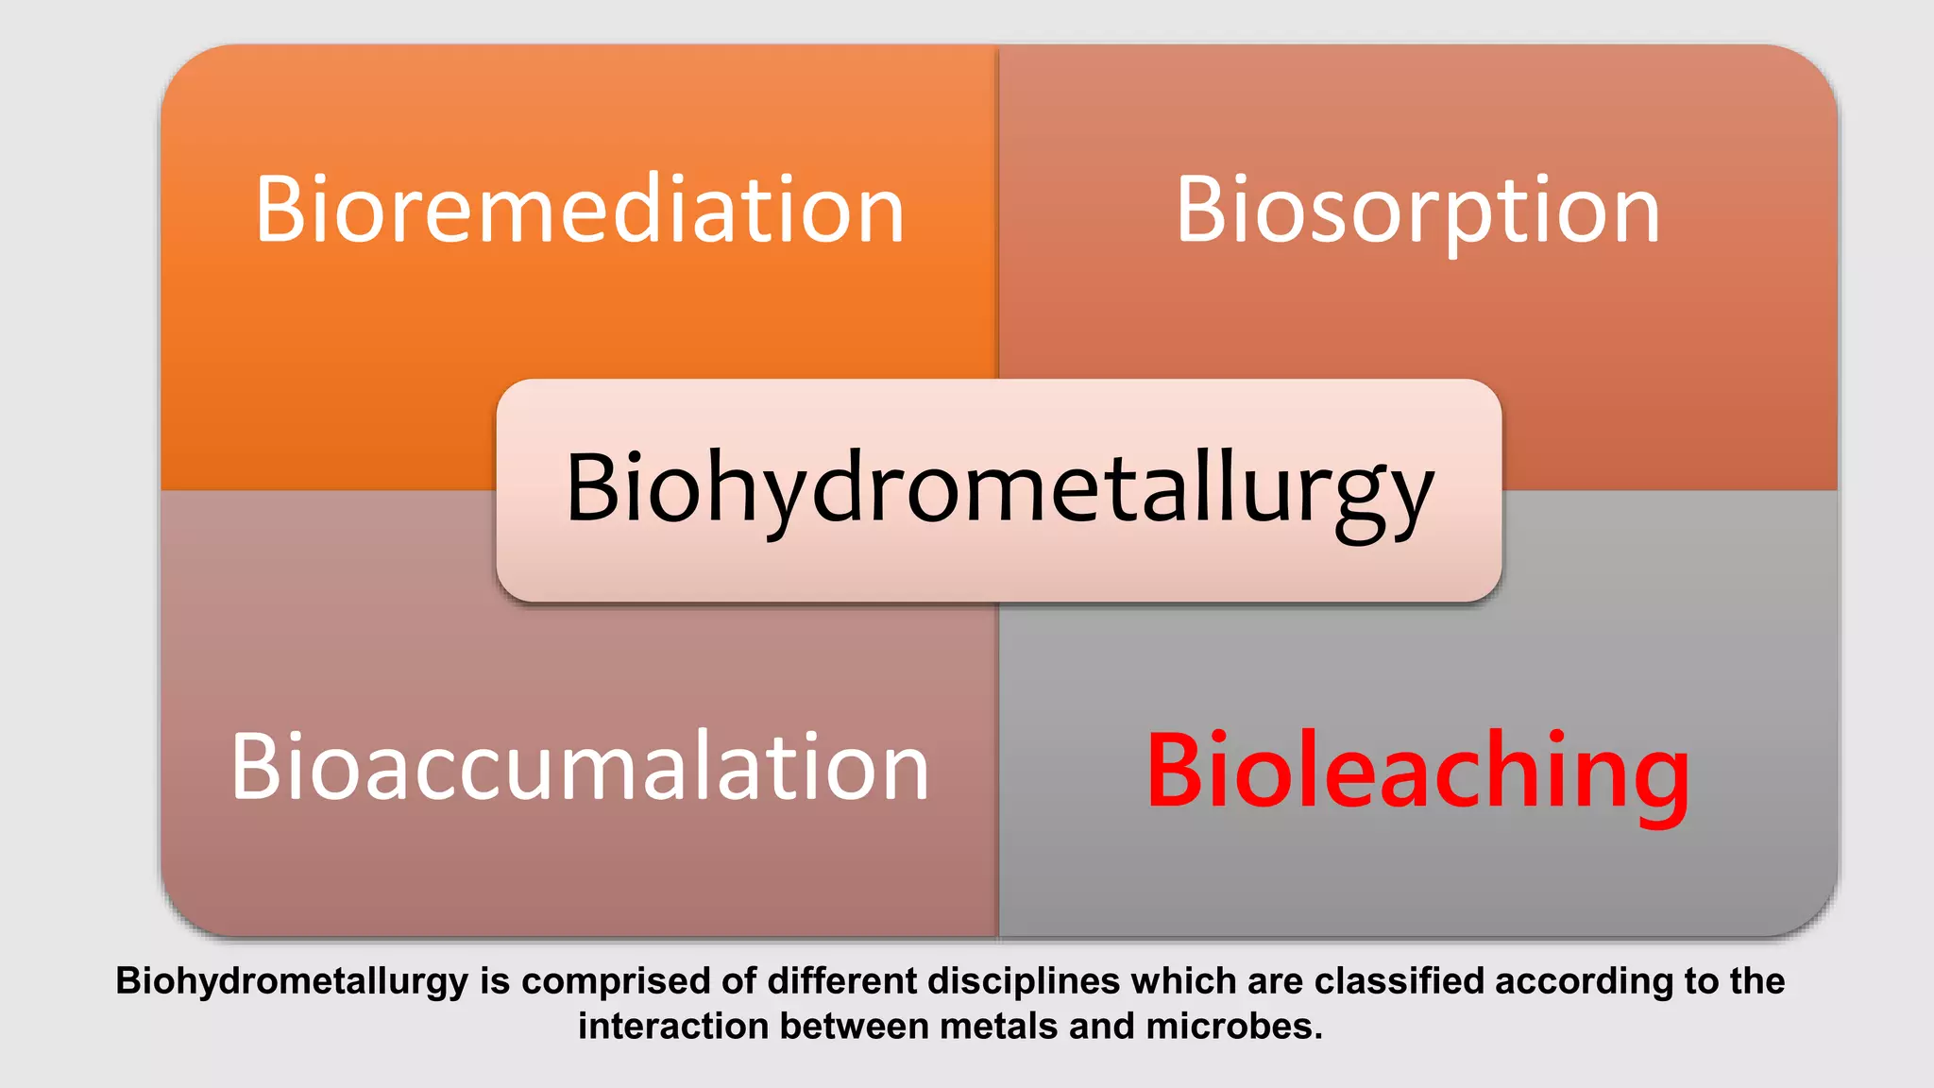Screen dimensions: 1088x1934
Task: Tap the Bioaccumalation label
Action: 580,767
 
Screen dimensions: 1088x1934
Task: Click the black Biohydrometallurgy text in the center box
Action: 999,488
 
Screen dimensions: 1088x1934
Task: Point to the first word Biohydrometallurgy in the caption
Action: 292,982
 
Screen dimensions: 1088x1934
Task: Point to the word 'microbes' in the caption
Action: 1234,1028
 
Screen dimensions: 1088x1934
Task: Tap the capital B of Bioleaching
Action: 1175,771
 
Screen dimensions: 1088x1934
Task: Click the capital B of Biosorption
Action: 1201,210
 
